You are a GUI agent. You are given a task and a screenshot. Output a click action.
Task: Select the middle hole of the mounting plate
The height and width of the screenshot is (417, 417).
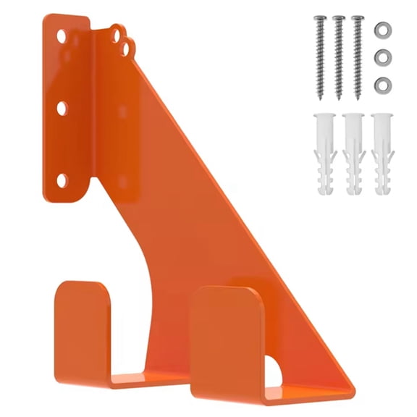pyautogui.click(x=62, y=107)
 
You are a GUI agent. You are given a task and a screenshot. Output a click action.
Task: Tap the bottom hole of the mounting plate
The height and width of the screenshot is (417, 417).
pyautogui.click(x=62, y=178)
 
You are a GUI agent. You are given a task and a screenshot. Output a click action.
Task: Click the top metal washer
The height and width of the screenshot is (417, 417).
pyautogui.click(x=382, y=30)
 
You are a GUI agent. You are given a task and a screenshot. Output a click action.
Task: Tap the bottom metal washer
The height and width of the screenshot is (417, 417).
pyautogui.click(x=382, y=85)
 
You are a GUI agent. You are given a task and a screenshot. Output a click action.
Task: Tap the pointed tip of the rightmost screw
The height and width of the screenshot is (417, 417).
pyautogui.click(x=357, y=98)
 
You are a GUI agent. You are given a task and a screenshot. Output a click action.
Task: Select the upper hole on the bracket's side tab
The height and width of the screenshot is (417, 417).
pyautogui.click(x=117, y=32)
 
